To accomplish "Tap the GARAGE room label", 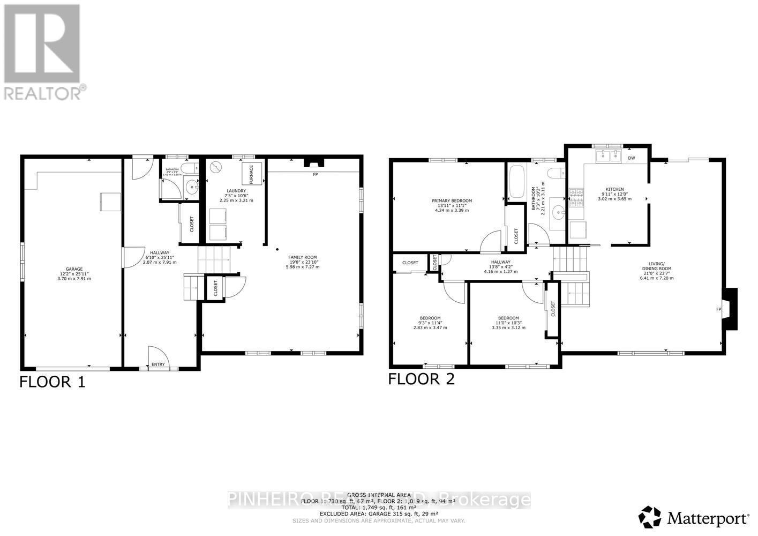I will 74,270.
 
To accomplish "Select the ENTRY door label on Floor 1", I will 158,364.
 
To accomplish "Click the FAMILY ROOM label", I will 303,257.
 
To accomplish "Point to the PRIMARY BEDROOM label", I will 452,201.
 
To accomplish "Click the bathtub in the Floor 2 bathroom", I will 517,183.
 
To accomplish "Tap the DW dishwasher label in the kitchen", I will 632,158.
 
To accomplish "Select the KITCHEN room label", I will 614,189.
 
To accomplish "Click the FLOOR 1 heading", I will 52,382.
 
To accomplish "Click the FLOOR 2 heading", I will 421,379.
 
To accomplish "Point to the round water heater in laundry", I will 216,167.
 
